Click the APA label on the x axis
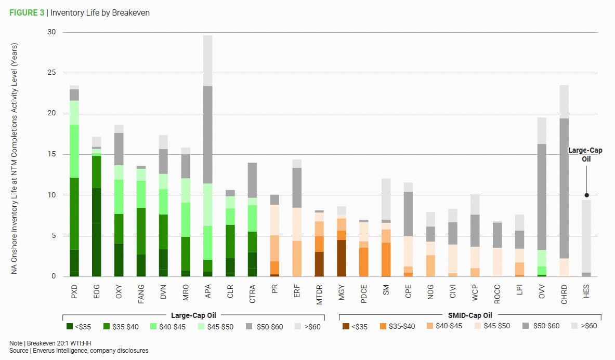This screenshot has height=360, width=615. pyautogui.click(x=208, y=291)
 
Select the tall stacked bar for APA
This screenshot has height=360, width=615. pyautogui.click(x=208, y=156)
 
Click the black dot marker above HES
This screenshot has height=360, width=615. pyautogui.click(x=586, y=195)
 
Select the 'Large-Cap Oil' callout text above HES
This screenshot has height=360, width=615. pyautogui.click(x=585, y=155)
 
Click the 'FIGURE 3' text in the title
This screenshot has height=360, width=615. pyautogui.click(x=27, y=13)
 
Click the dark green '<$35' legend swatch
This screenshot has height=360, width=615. pyautogui.click(x=70, y=326)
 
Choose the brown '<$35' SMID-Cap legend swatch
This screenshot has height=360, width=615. pyautogui.click(x=346, y=326)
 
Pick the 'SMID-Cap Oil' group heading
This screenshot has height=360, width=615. pyautogui.click(x=470, y=315)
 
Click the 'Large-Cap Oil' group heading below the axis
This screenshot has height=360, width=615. pyautogui.click(x=193, y=315)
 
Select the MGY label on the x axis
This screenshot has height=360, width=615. pyautogui.click(x=342, y=291)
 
